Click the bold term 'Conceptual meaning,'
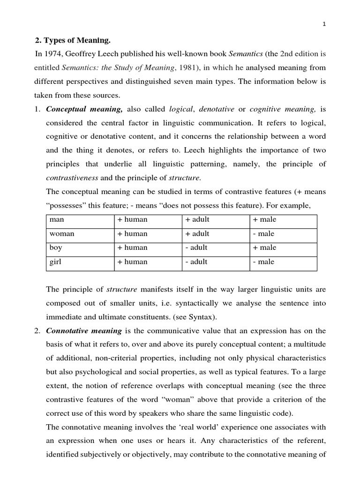84,109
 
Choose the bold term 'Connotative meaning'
84,330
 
